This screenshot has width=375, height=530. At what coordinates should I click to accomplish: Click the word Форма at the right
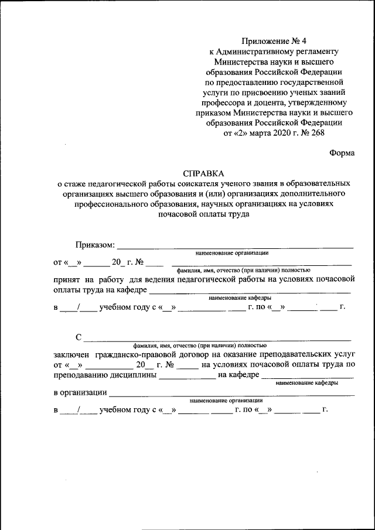[342, 153]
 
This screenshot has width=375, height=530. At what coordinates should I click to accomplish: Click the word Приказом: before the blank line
[96, 244]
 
